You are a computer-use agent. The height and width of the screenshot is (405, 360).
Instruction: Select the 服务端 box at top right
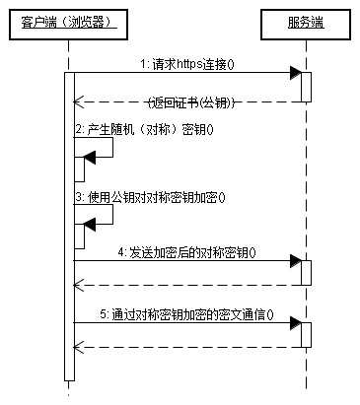point(306,22)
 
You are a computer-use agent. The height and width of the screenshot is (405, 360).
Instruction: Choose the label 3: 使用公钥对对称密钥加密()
point(150,196)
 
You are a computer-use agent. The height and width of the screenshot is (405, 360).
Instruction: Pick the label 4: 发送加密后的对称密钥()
point(186,251)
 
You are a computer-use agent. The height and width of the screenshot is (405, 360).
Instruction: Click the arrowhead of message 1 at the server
point(295,73)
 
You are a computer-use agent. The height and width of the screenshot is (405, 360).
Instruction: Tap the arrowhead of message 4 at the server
point(295,261)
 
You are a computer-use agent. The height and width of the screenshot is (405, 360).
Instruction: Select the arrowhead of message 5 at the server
point(295,322)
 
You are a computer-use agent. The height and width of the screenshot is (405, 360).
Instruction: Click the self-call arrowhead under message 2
point(89,155)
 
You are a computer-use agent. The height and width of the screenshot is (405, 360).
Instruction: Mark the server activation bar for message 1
point(307,87)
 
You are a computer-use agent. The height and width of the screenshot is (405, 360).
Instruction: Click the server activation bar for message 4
point(307,273)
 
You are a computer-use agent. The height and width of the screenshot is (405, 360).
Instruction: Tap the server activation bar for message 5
point(307,334)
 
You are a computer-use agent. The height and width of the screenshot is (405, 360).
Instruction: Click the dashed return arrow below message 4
point(187,286)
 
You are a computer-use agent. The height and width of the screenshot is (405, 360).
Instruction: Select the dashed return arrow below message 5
point(187,347)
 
